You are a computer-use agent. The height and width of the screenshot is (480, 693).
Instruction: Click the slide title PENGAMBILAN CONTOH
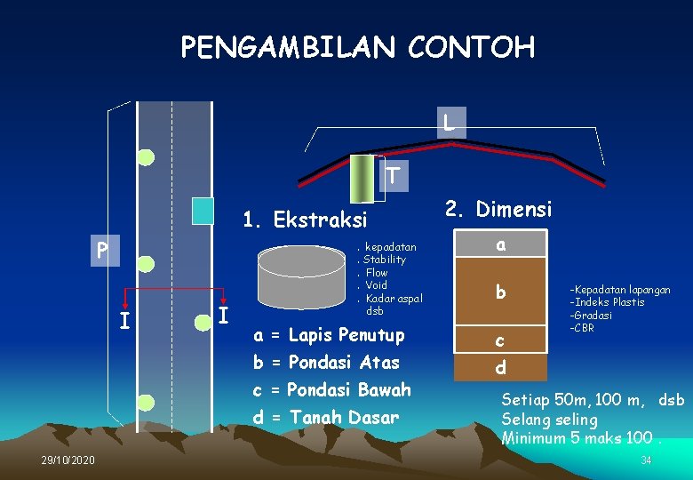click(357, 46)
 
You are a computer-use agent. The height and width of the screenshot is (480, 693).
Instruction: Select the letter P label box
click(104, 252)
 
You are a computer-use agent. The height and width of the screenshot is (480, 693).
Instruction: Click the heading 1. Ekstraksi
click(305, 220)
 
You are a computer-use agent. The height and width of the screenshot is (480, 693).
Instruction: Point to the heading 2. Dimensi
click(498, 210)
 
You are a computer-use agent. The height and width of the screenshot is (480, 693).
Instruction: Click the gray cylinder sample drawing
click(301, 276)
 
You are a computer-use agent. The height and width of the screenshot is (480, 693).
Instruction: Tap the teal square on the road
click(203, 210)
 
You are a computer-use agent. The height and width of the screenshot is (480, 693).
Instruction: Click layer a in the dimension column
click(501, 245)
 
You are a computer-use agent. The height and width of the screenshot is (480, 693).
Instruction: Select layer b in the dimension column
click(501, 292)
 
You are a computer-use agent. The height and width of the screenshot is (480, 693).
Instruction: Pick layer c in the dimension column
click(501, 340)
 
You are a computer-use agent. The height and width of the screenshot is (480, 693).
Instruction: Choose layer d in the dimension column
click(501, 367)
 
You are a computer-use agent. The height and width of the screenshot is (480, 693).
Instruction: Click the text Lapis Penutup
click(346, 335)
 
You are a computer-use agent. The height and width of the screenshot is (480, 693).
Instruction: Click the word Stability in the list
click(384, 260)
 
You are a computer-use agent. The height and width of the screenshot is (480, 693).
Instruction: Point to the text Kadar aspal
click(394, 299)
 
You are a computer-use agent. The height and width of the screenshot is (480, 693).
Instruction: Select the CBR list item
click(584, 328)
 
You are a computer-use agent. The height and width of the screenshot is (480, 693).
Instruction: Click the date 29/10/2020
click(68, 460)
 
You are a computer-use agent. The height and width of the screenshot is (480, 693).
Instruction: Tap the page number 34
click(646, 460)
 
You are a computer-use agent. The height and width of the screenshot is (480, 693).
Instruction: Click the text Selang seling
click(549, 419)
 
